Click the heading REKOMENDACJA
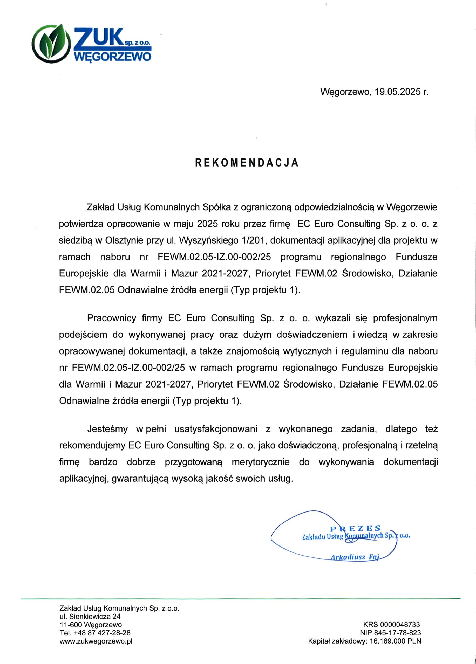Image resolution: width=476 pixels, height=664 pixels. (x=247, y=163)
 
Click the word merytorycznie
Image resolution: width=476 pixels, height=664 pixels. (x=260, y=462)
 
